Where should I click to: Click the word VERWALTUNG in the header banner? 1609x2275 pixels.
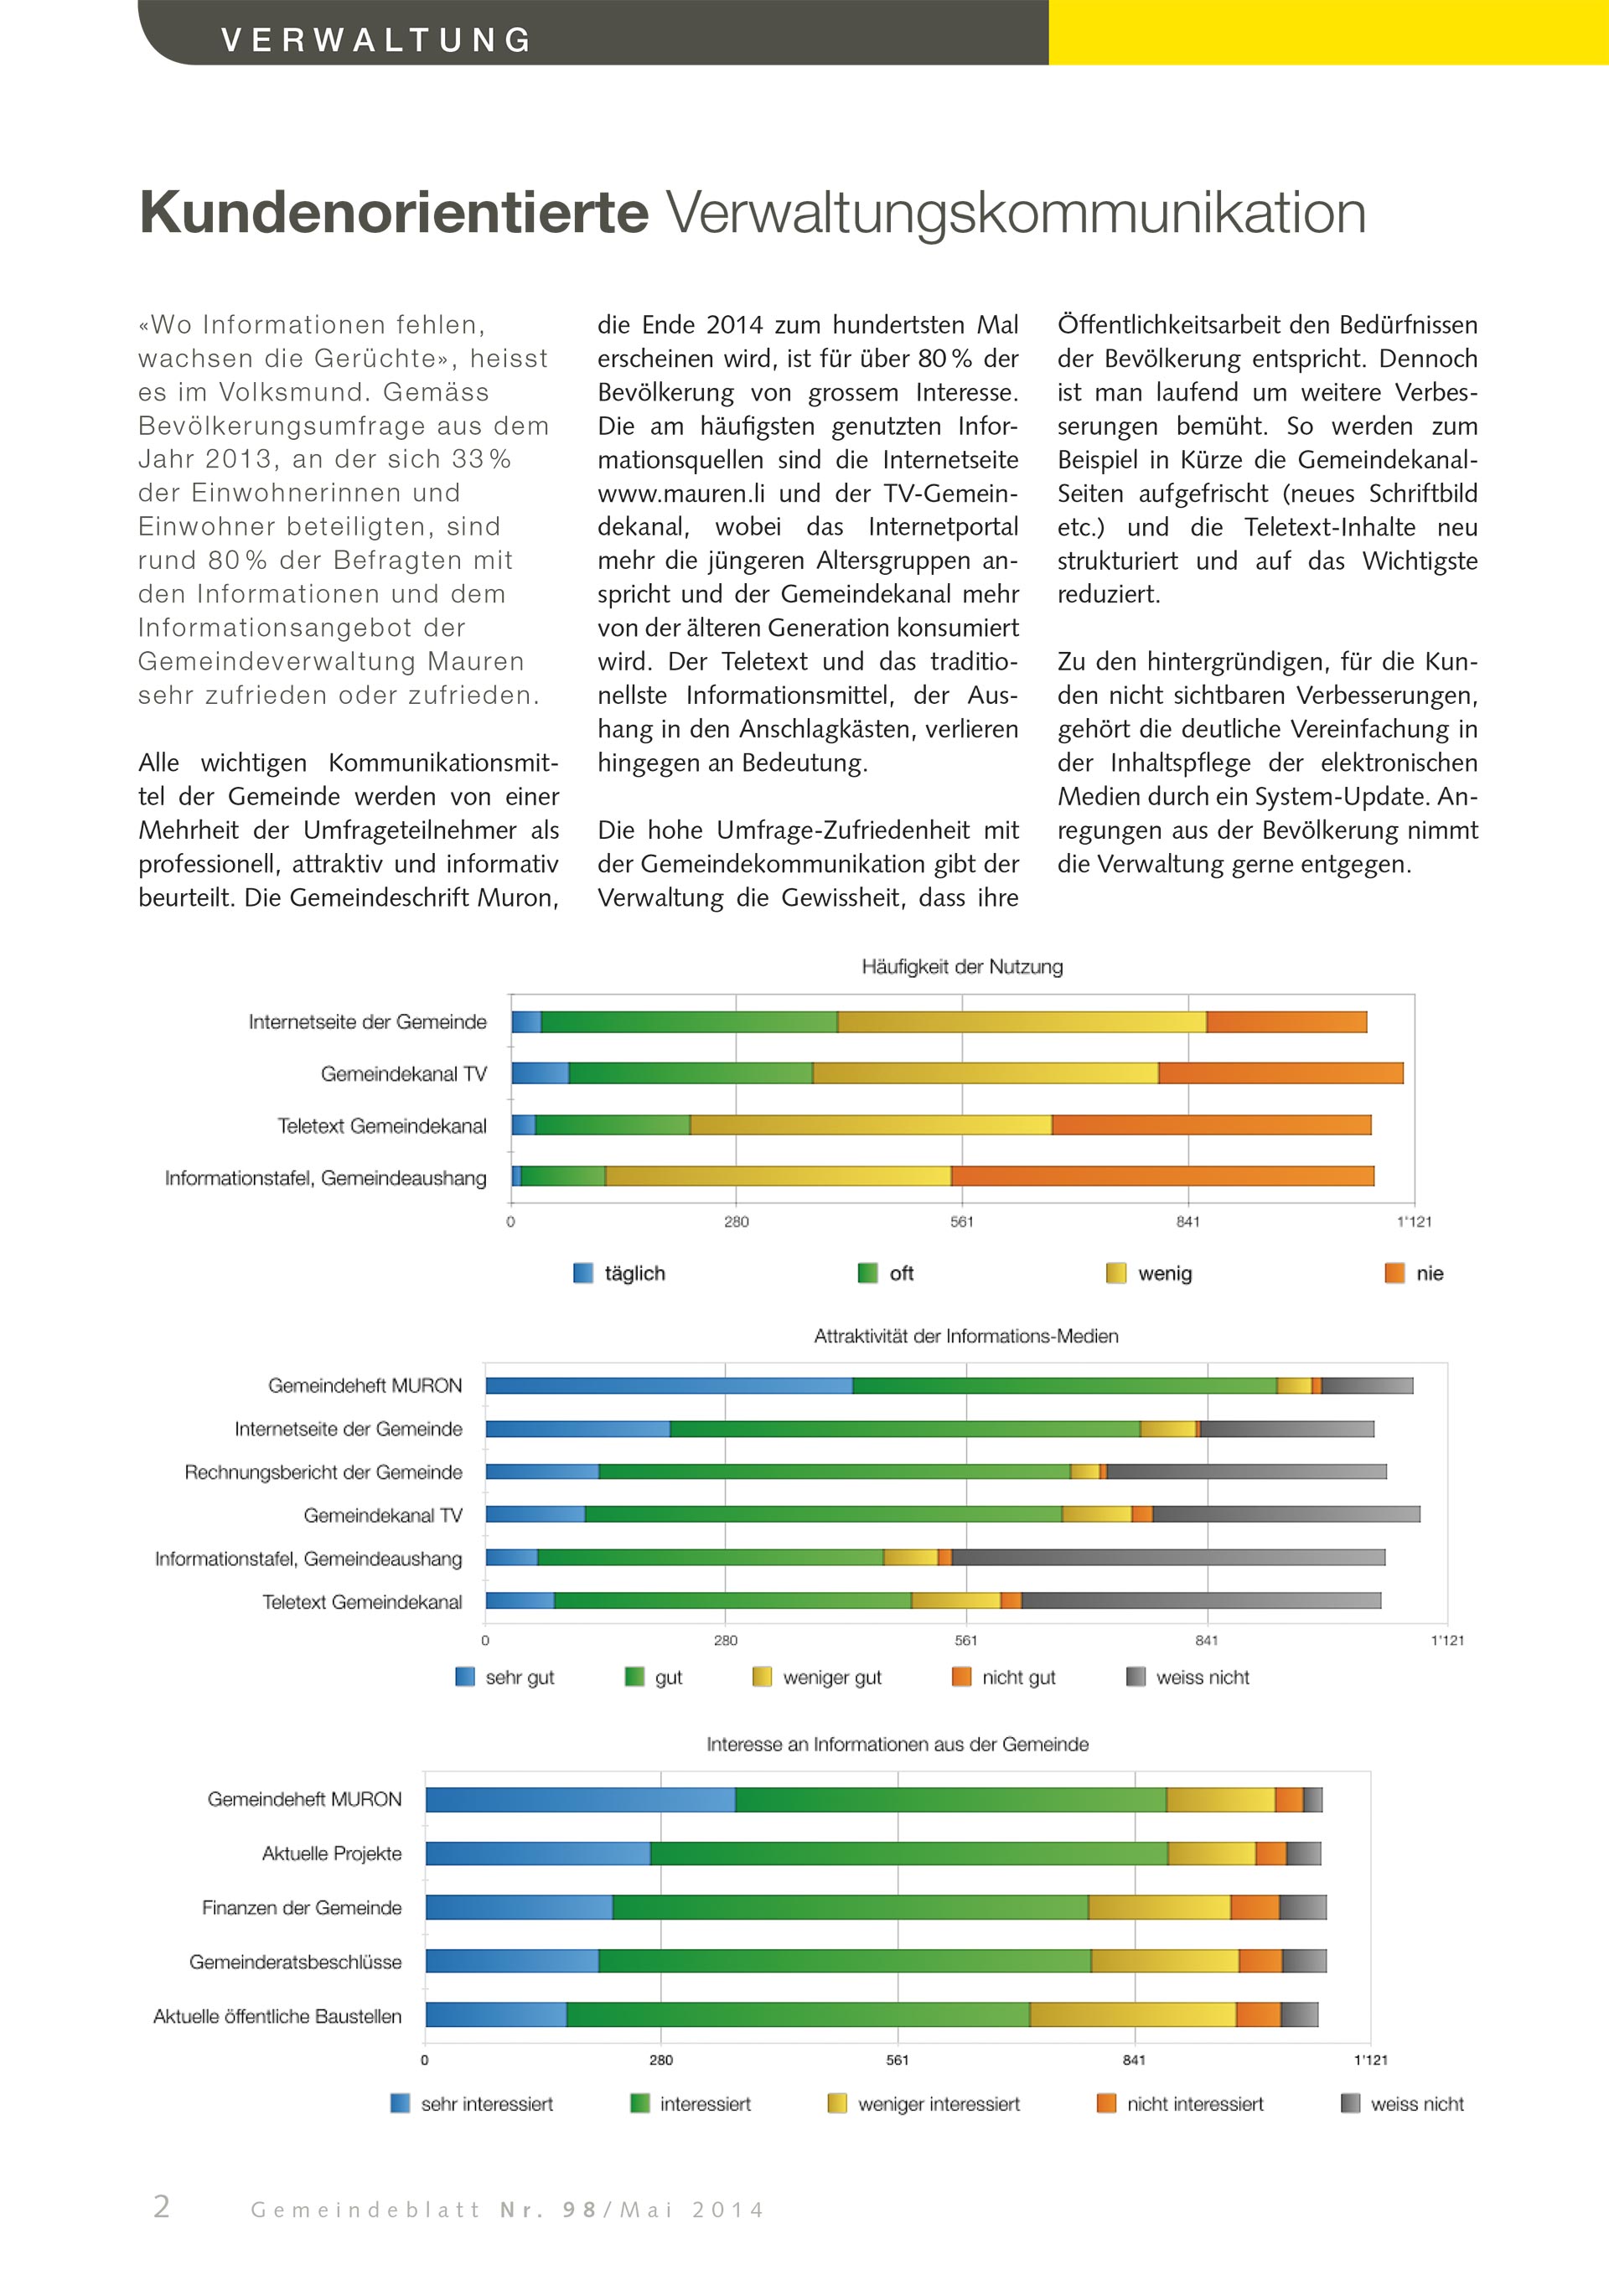(x=376, y=39)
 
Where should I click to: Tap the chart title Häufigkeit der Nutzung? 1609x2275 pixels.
(x=961, y=967)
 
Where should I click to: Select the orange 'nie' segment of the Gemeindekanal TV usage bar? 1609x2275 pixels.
(x=1280, y=1073)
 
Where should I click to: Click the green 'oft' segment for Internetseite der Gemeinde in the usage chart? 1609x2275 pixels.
(x=689, y=1021)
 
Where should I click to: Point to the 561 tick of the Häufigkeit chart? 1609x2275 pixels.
(x=961, y=1222)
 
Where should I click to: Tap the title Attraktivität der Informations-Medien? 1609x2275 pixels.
(x=966, y=1337)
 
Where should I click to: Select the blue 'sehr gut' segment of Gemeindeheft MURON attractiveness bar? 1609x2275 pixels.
(x=669, y=1385)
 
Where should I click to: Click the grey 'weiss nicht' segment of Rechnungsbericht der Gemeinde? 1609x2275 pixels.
(x=1246, y=1471)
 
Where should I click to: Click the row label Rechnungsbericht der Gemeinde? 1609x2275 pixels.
(x=323, y=1472)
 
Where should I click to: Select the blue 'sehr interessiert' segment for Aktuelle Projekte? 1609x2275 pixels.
(x=538, y=1853)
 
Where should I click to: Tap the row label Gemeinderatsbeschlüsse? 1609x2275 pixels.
(x=295, y=1962)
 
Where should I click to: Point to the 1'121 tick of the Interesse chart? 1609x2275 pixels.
(x=1370, y=2060)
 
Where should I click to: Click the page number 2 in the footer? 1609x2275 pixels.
(x=162, y=2206)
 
